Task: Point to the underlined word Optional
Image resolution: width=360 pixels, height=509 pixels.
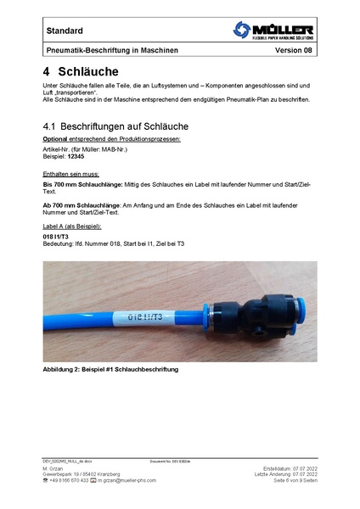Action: [x=55, y=137]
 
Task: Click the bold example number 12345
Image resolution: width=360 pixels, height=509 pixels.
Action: [x=78, y=156]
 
